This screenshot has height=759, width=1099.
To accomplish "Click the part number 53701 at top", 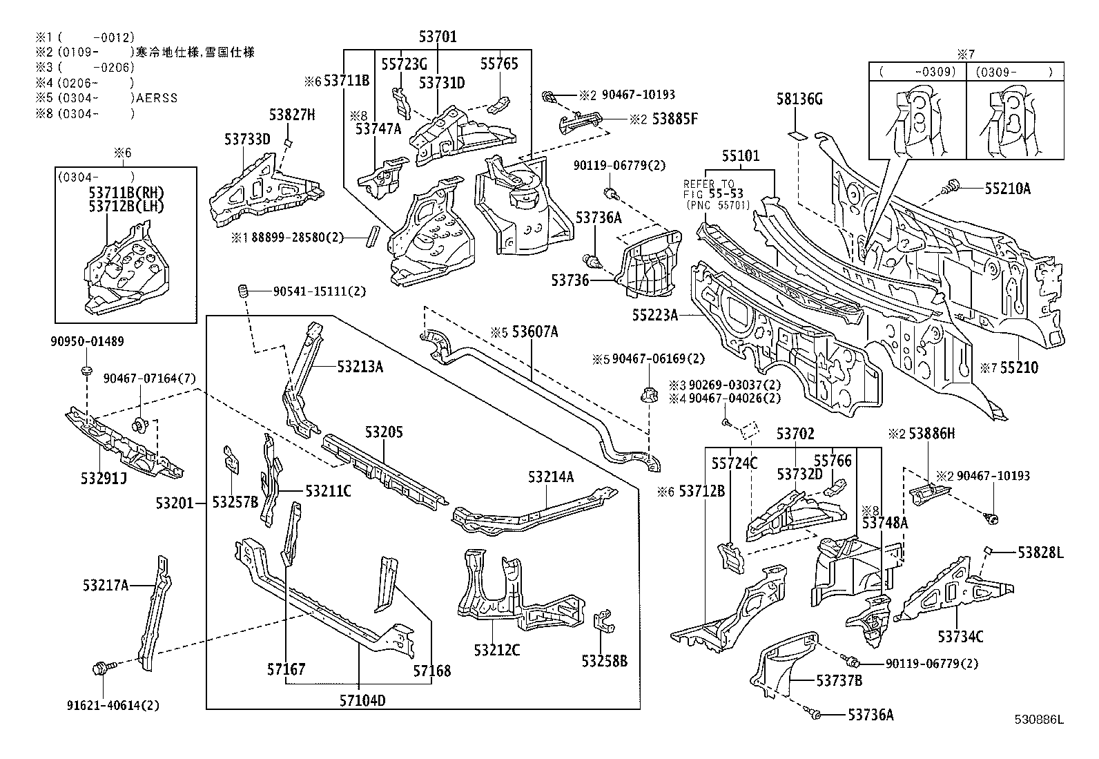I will pos(438,36).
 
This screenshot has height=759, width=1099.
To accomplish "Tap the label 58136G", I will pos(799,99).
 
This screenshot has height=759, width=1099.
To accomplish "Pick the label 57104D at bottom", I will pos(362,700).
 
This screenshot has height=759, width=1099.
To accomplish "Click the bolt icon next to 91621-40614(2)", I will pos(99,668).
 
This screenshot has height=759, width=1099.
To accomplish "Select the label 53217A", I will pos(106,586).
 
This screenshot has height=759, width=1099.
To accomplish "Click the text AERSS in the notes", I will pos(157,98).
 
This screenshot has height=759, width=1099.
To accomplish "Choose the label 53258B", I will pos(604,661).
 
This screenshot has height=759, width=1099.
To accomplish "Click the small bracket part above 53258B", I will pos(603,621).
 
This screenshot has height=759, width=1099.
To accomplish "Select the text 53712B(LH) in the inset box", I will pos(126,205).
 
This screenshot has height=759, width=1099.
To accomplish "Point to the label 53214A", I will pos(551,477).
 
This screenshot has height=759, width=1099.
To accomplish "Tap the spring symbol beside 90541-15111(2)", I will pos(242,291).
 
